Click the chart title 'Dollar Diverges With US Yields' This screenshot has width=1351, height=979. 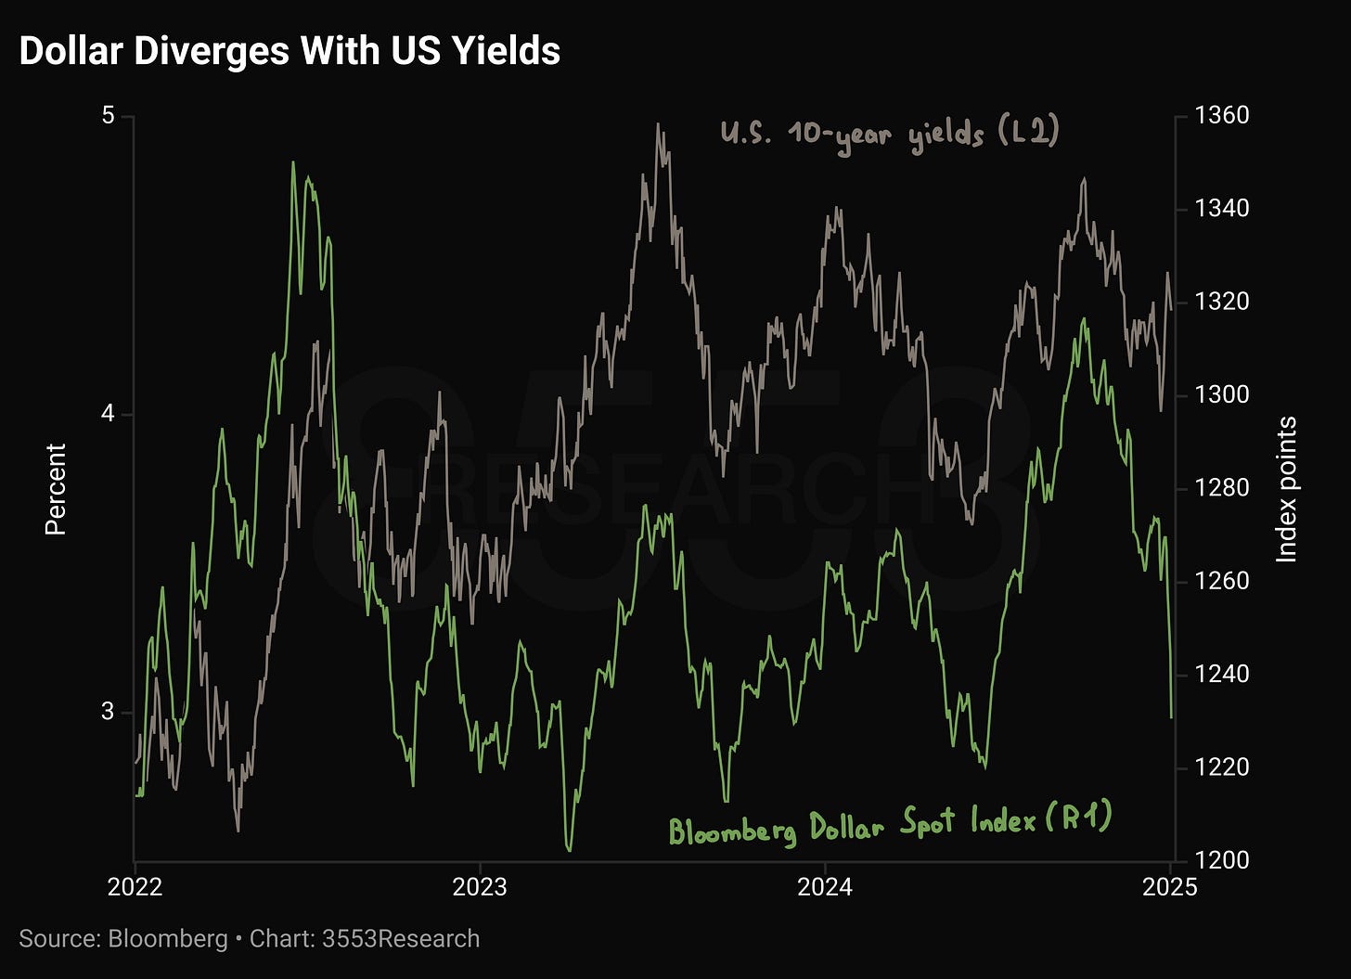pos(289,51)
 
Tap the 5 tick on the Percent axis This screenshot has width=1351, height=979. pos(108,115)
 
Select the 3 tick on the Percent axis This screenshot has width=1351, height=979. pos(108,711)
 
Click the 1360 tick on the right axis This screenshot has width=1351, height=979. pos(1221,115)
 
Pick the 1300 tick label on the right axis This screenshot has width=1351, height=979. pos(1221,394)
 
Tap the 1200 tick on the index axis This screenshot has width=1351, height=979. pos(1221,859)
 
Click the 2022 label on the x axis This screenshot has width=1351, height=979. pos(135,887)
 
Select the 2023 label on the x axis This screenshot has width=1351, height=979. pos(480,887)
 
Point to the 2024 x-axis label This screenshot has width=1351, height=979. pos(825,887)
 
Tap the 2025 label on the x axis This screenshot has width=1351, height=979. pos(1170,887)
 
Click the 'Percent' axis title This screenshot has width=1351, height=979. pos(56,489)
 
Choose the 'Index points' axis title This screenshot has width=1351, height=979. pos(1286,489)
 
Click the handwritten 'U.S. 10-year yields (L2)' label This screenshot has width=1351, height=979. pos(890,136)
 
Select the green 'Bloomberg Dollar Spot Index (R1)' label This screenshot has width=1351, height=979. pos(890,824)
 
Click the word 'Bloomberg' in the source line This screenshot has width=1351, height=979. pos(168,939)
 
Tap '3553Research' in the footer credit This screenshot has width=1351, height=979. pos(401,938)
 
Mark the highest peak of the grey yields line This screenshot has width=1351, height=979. pos(658,124)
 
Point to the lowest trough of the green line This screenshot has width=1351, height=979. pos(569,851)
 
